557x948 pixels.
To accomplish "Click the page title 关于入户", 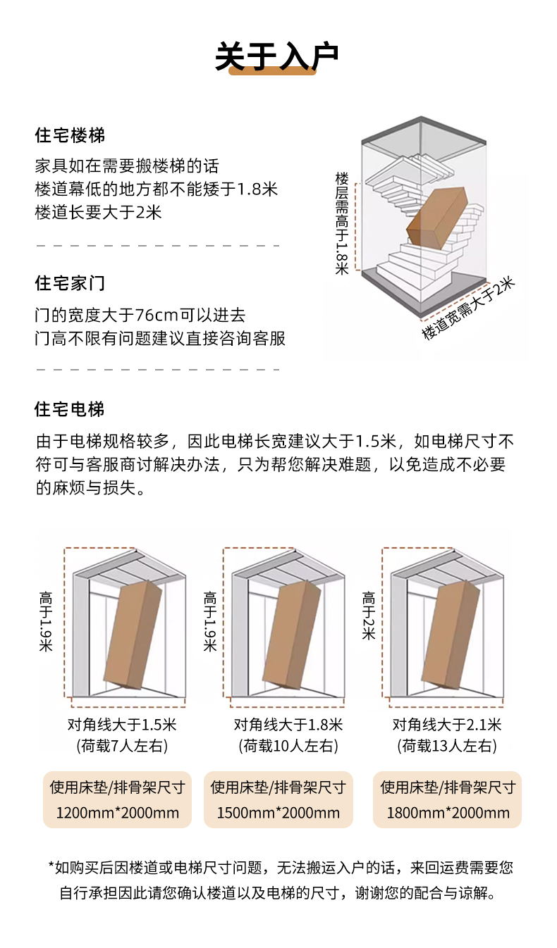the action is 277,56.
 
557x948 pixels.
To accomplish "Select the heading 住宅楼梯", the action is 70,135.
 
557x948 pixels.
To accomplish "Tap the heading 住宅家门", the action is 70,283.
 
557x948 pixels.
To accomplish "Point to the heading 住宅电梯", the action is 70,409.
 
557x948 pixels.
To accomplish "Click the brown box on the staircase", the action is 437,217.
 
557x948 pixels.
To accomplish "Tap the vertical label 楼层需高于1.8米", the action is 342,223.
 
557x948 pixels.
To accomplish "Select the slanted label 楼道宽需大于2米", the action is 468,308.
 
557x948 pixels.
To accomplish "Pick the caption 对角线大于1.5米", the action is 122,725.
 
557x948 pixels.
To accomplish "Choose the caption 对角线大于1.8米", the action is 288,725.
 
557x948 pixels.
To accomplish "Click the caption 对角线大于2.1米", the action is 447,725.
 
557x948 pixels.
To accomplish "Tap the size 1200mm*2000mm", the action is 117,813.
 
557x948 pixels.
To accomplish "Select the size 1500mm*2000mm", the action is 278,813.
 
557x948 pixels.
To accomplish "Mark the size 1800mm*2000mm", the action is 448,813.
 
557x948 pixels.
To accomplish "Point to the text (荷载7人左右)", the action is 122,746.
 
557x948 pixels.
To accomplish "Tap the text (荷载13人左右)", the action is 447,746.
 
